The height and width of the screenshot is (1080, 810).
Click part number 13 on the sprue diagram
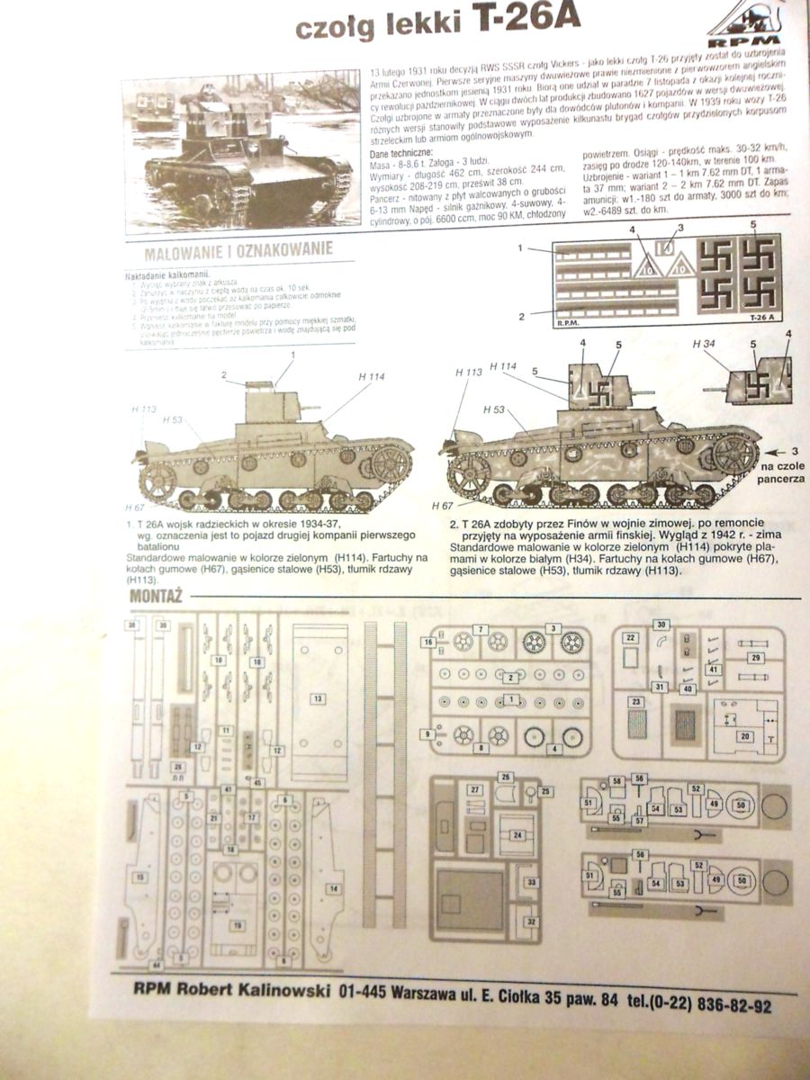[x=317, y=697]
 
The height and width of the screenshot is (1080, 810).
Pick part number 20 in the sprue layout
[x=744, y=735]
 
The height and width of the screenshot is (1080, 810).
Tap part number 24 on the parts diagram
[x=517, y=835]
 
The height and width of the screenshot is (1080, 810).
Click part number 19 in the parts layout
[x=238, y=924]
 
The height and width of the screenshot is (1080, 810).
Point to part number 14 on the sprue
[x=334, y=889]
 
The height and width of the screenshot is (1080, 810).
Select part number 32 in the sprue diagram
[x=531, y=922]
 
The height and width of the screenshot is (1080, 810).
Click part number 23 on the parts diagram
[x=635, y=701]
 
